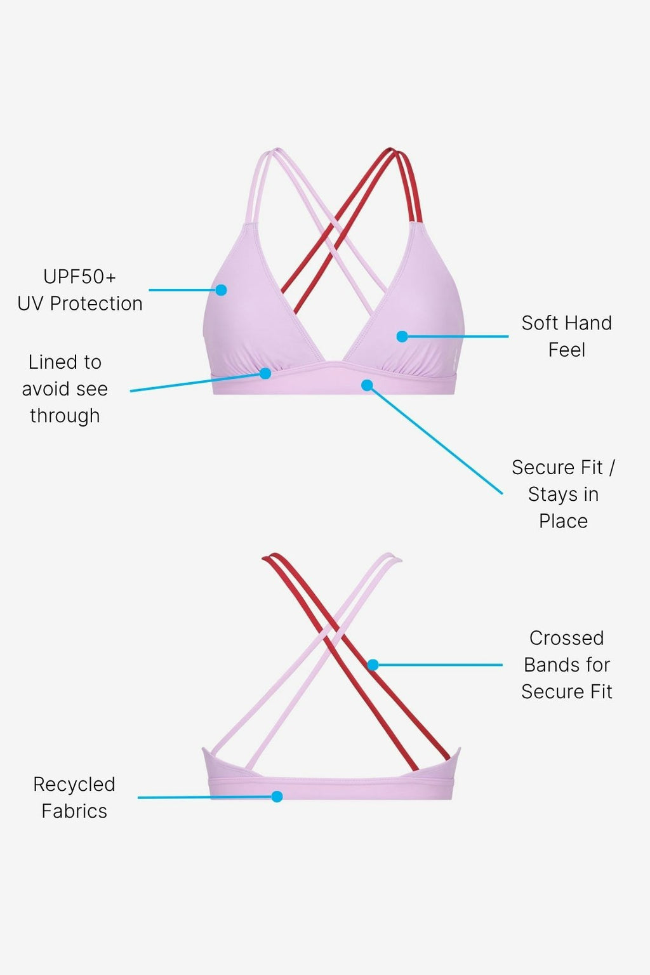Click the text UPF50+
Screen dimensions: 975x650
pos(79,277)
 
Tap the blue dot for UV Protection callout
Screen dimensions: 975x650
pos(221,290)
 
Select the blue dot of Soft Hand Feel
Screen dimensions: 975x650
pos(402,336)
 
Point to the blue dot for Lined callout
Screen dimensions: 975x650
pos(265,374)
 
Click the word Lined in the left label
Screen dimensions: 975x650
pos(47,362)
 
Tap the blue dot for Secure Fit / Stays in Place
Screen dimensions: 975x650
pos(367,385)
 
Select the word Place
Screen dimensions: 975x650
pos(563,521)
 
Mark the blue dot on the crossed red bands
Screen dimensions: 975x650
pos(373,665)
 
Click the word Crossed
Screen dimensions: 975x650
pos(566,638)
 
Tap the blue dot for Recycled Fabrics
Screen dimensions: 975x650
pos(277,797)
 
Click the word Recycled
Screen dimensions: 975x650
pos(74,785)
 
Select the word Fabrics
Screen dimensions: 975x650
pos(74,811)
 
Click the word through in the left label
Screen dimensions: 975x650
pos(65,416)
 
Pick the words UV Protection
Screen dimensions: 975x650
pos(79,303)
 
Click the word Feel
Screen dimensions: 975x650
pos(566,350)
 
